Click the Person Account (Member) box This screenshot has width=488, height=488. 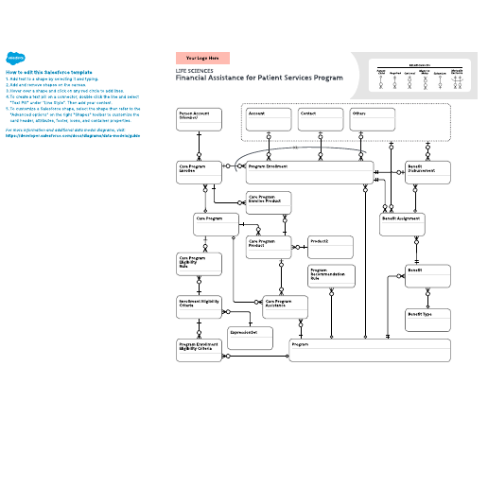coord(199,119)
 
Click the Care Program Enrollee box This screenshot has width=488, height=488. coord(199,172)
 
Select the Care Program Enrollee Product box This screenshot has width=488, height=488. coord(269,202)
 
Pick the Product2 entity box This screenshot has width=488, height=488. coord(330,247)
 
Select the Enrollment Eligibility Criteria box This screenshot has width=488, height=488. coord(199,306)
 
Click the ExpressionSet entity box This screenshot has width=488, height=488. coord(250,337)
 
